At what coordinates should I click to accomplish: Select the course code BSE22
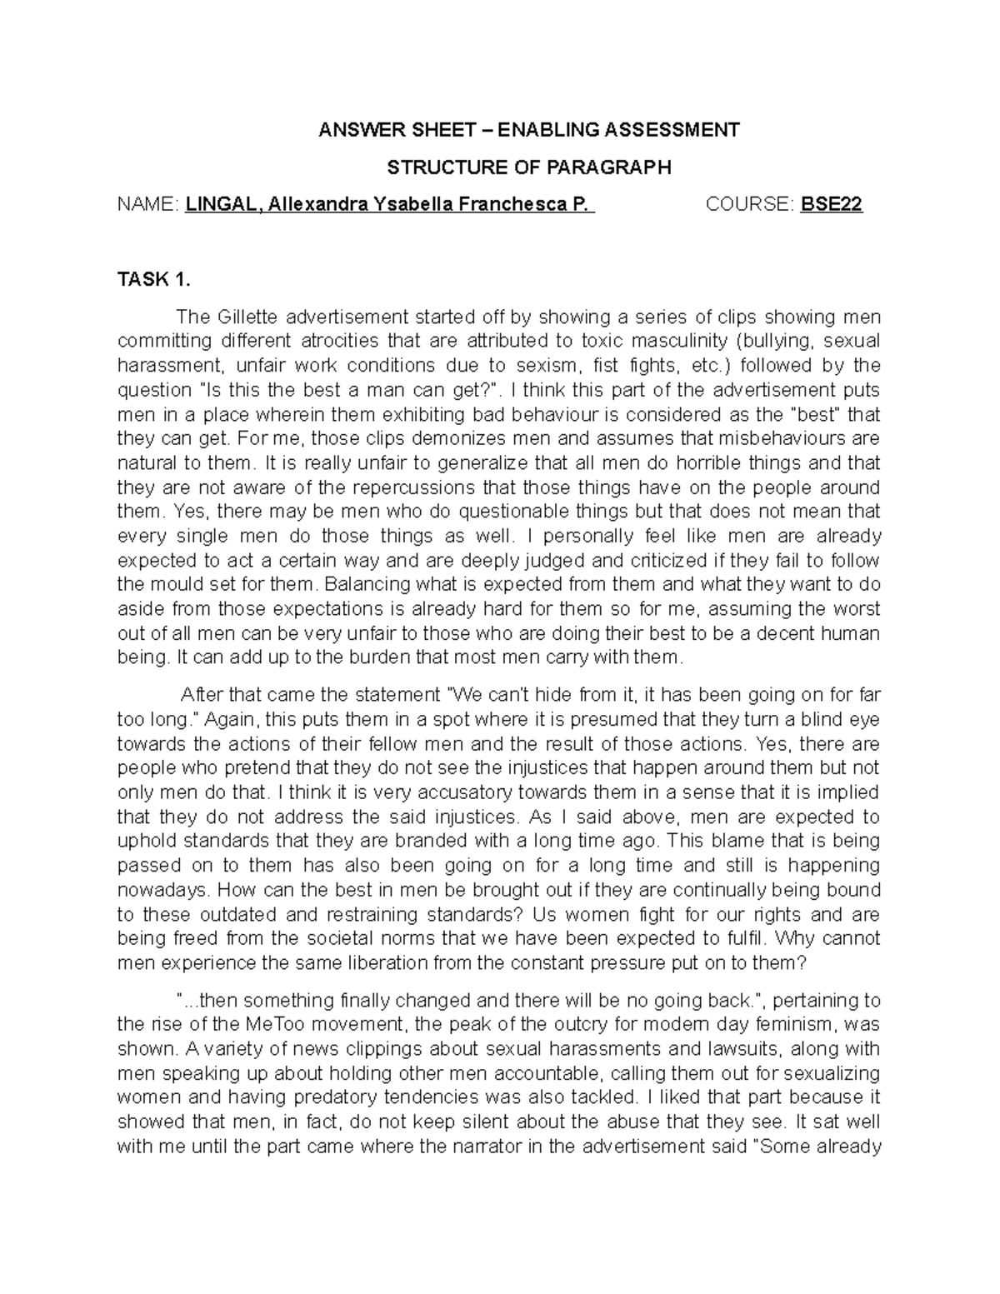[x=831, y=205]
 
